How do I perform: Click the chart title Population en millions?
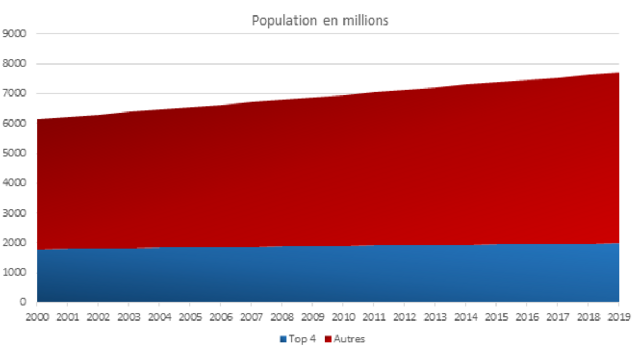coord(320,21)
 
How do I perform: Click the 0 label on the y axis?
coord(22,302)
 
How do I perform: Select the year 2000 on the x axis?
coord(37,316)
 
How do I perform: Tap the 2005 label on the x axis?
coord(190,316)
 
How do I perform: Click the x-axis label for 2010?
coord(343,316)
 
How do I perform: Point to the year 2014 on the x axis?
coord(466,316)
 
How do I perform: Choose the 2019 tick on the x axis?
coord(618,316)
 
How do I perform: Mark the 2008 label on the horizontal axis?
coord(282,316)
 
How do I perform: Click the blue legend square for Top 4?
coord(283,339)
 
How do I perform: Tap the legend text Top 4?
coord(302,339)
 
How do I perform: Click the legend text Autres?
coord(349,339)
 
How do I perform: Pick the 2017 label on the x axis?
coord(557,316)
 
